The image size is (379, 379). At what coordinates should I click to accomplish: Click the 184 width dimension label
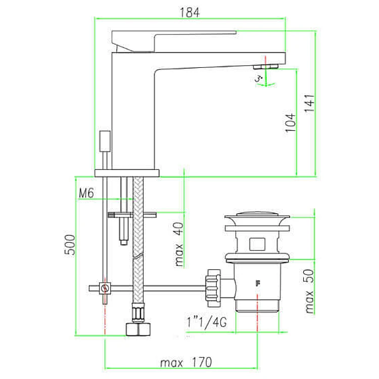190,13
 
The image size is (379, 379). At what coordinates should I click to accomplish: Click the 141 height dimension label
310,103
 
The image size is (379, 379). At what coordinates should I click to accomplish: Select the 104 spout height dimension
291,123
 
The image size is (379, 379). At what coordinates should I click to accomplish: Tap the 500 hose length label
70,245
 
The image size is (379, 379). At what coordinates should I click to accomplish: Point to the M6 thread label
86,193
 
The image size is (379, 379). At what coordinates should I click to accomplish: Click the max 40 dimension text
179,244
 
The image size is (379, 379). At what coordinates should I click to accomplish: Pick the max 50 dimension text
309,291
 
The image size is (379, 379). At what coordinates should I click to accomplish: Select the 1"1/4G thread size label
207,322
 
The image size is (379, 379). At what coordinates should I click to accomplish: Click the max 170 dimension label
186,362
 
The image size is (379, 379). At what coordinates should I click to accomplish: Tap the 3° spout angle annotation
259,78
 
